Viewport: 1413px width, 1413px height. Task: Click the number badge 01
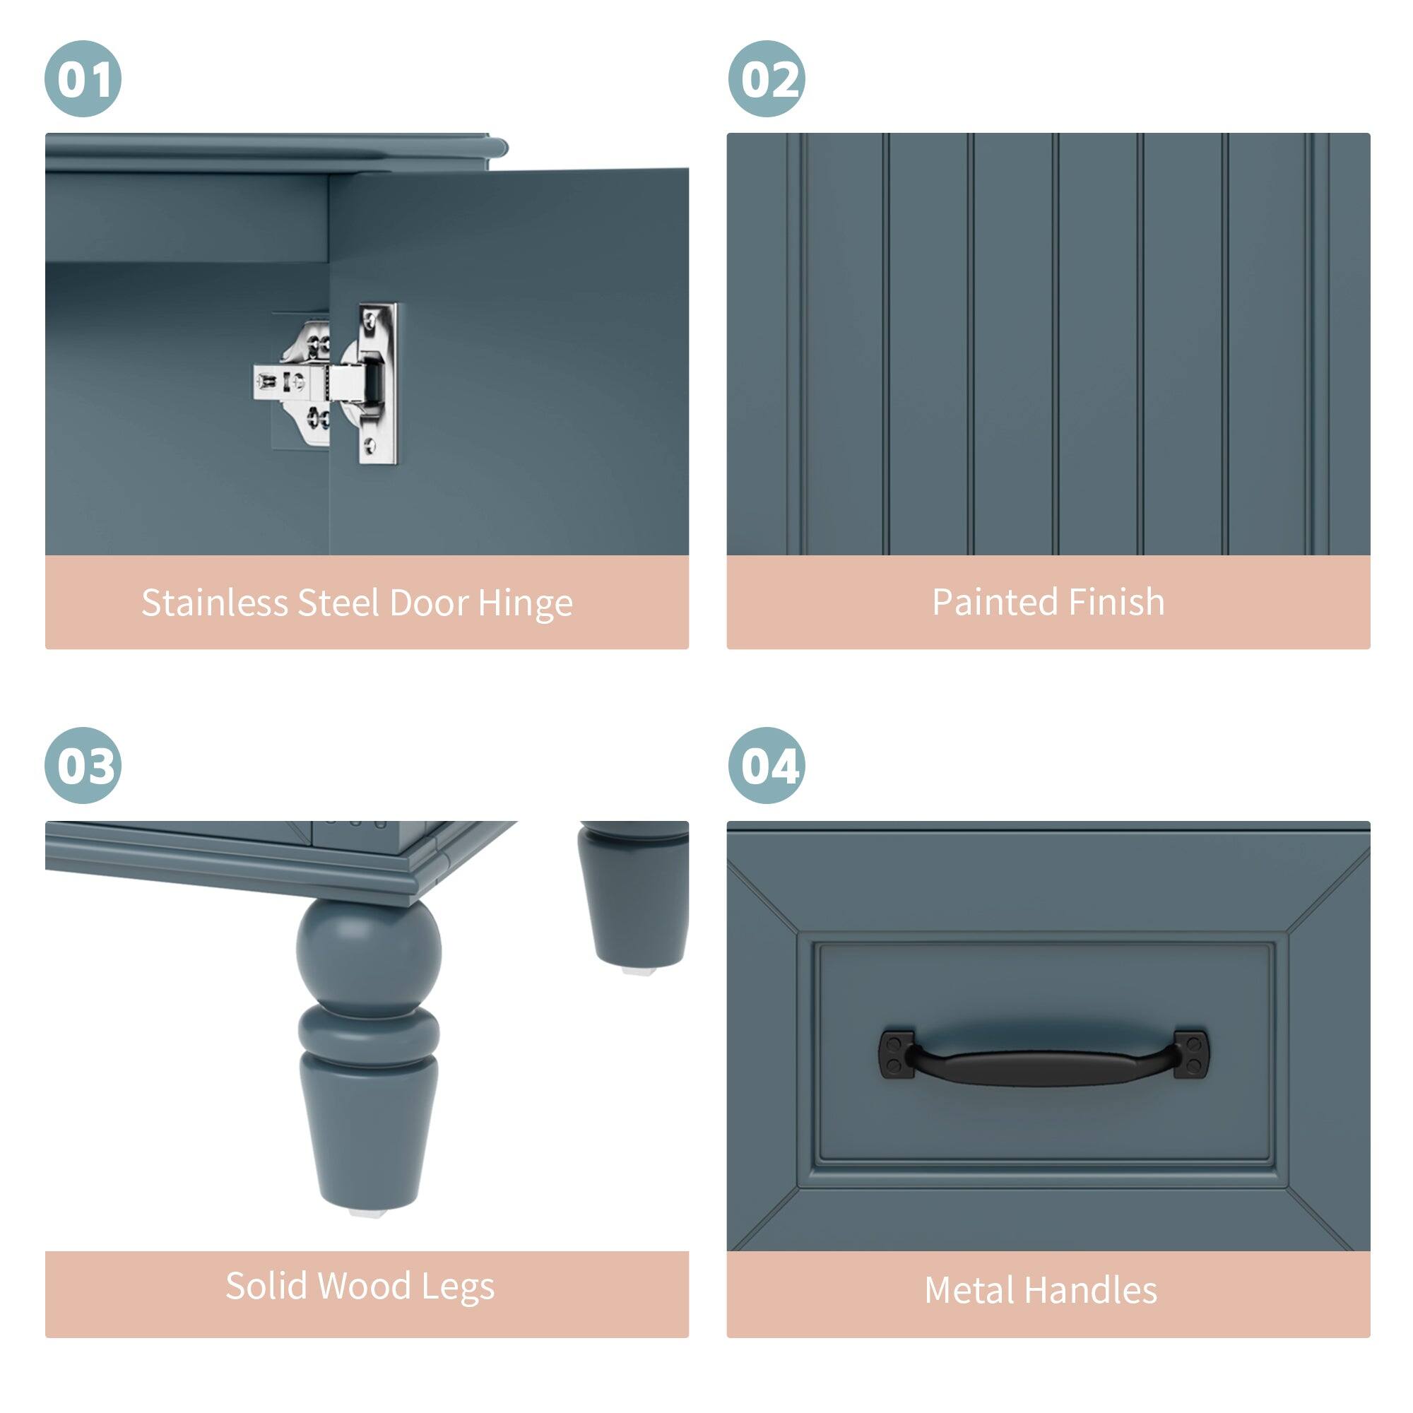tap(83, 79)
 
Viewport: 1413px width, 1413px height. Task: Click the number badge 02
tap(767, 79)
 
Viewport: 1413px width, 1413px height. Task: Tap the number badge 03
tap(83, 766)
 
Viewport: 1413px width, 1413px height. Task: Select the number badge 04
tap(767, 766)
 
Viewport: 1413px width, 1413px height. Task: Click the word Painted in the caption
tap(994, 603)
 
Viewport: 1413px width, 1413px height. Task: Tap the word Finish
tap(1116, 603)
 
